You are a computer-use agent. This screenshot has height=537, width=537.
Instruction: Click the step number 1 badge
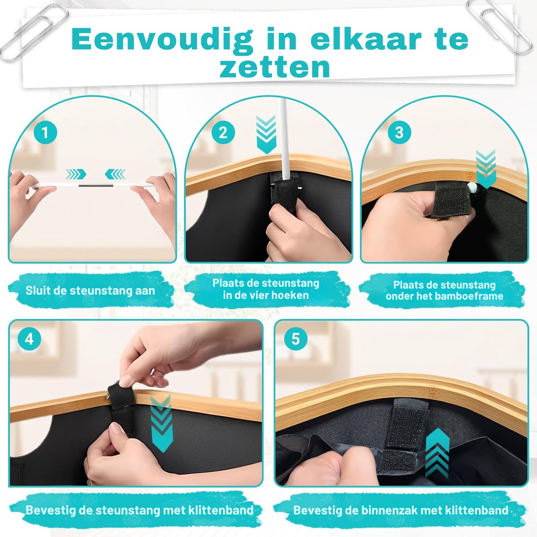[x=46, y=132]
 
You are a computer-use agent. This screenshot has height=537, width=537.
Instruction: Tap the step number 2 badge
[x=223, y=132]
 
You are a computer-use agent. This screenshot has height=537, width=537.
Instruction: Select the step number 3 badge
[x=399, y=132]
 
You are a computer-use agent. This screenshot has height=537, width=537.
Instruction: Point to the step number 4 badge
[x=29, y=340]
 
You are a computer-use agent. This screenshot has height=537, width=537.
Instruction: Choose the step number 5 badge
[x=296, y=339]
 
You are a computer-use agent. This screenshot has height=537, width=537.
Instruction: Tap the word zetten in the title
[x=274, y=68]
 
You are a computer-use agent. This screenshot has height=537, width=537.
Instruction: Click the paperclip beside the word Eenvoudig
[x=34, y=32]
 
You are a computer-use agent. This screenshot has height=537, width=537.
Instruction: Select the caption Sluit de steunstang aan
[x=90, y=291]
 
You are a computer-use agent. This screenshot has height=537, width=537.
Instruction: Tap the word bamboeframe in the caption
[x=470, y=296]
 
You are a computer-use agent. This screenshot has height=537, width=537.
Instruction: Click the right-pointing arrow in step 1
[x=76, y=174]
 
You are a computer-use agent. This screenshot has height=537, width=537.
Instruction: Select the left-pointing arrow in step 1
[x=115, y=174]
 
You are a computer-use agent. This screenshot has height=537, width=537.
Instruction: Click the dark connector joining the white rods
[x=96, y=185]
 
